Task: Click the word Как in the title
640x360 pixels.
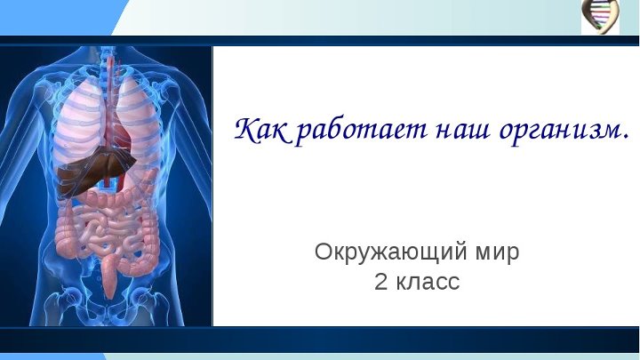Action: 260,130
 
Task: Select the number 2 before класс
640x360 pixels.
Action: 380,283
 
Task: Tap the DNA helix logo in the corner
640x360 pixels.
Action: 600,16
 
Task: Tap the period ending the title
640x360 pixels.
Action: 625,139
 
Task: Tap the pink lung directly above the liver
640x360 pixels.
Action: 80,116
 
